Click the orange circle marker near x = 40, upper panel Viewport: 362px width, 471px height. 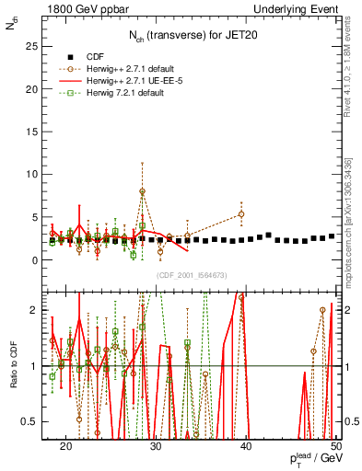[241, 214]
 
